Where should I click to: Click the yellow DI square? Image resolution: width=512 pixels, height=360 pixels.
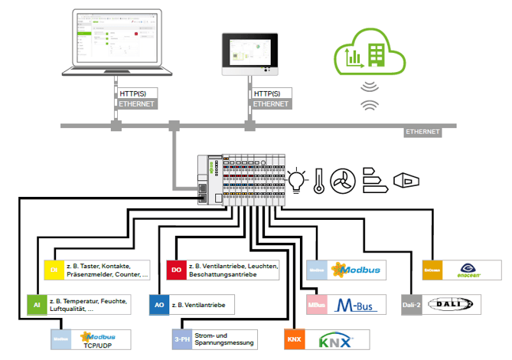(x=54, y=270)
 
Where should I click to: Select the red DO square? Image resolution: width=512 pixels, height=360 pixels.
(x=176, y=270)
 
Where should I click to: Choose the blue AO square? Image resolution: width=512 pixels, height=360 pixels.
(x=159, y=304)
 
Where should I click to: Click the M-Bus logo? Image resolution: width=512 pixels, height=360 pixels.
(x=360, y=304)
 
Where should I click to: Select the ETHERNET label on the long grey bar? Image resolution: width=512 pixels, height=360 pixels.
(x=422, y=133)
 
